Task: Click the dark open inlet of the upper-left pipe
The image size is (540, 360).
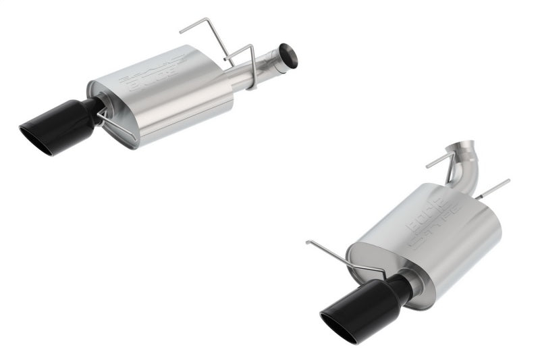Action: coord(288,55)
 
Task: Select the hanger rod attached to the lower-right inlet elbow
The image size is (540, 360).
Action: coord(439,162)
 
